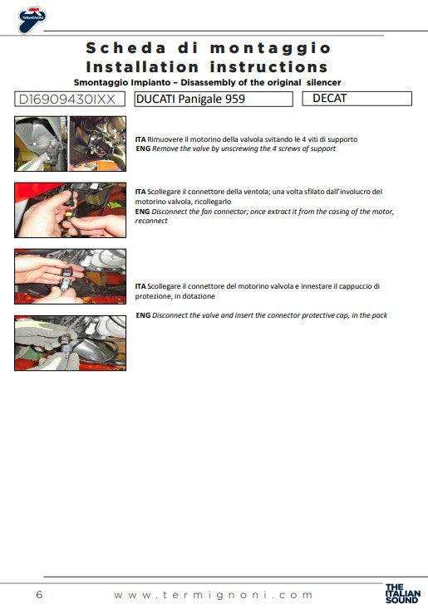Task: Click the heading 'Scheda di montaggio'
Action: (x=208, y=48)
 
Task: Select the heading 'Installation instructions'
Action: (x=207, y=67)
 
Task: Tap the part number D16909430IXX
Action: (x=71, y=100)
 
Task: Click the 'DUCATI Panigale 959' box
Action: (x=214, y=100)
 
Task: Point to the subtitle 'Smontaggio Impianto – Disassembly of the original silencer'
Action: (x=207, y=82)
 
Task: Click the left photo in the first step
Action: (x=41, y=144)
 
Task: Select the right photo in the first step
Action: (x=97, y=144)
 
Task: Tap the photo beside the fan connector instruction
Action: (x=71, y=210)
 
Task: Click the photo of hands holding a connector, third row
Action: (x=71, y=276)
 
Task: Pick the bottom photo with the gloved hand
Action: (x=71, y=343)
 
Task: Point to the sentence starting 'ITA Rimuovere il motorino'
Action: (x=241, y=139)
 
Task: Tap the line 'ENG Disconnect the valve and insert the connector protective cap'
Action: (x=261, y=315)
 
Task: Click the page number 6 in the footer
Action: (x=40, y=594)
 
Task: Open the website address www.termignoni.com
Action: (x=214, y=594)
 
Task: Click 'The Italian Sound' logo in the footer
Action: (x=402, y=593)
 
